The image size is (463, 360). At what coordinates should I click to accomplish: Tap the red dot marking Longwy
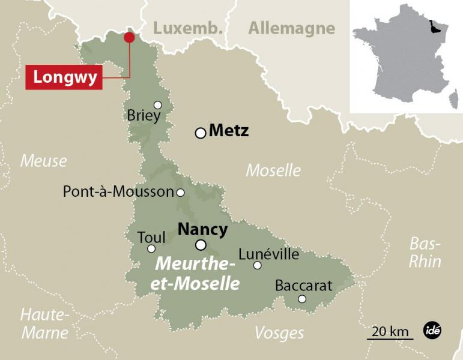(129, 38)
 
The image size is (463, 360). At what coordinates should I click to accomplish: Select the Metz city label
(229, 131)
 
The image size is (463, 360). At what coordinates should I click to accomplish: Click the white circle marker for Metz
(201, 133)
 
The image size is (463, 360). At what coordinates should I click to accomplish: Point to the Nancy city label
(203, 229)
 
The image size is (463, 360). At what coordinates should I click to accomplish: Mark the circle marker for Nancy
(201, 245)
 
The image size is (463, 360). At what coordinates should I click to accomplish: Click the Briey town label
(144, 115)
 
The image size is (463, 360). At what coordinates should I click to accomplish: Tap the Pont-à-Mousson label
(118, 192)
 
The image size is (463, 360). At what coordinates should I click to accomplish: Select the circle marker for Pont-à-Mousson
(180, 193)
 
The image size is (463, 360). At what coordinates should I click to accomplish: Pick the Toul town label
(151, 237)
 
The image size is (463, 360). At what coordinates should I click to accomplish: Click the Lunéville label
(268, 254)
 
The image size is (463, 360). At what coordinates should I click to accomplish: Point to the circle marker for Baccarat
(302, 299)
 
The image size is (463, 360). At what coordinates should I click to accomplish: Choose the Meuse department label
(43, 161)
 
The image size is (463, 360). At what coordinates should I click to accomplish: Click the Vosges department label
(279, 333)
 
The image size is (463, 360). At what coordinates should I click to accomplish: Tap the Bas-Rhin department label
(425, 253)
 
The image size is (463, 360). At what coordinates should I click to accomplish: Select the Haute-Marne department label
(45, 323)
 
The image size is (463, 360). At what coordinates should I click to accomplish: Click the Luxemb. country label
(188, 28)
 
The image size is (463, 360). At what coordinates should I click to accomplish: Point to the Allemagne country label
(292, 28)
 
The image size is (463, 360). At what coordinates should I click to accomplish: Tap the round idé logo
(432, 331)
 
